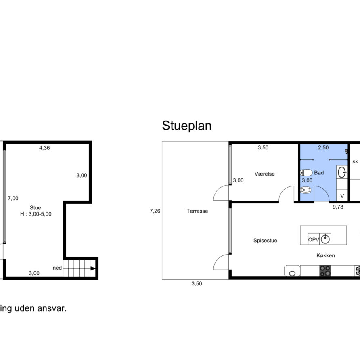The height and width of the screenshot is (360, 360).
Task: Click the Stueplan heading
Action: click(186, 126)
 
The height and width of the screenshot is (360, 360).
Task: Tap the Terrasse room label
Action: click(197, 211)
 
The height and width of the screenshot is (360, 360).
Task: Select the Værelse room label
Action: click(264, 174)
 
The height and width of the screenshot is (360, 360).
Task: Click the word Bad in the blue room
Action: click(319, 173)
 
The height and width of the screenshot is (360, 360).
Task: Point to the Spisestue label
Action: click(265, 241)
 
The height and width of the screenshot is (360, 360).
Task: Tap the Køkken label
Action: click(326, 255)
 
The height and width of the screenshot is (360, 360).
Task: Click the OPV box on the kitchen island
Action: click(314, 239)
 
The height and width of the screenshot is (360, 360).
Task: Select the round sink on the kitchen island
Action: click(325, 239)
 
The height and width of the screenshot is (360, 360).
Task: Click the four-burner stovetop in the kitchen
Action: click(325, 271)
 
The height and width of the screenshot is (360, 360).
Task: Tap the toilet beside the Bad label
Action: click(306, 172)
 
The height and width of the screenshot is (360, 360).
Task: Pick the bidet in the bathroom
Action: click(306, 190)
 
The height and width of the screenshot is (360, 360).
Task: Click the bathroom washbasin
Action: click(342, 172)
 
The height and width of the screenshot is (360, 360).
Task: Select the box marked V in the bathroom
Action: click(342, 196)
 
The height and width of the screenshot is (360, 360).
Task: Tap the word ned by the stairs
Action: click(57, 268)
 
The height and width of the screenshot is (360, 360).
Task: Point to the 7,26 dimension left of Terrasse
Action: click(155, 211)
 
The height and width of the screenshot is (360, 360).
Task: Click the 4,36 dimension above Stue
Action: click(44, 148)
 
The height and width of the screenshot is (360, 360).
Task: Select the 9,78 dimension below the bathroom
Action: click(338, 207)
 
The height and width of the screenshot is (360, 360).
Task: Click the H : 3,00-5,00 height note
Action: click(36, 214)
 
